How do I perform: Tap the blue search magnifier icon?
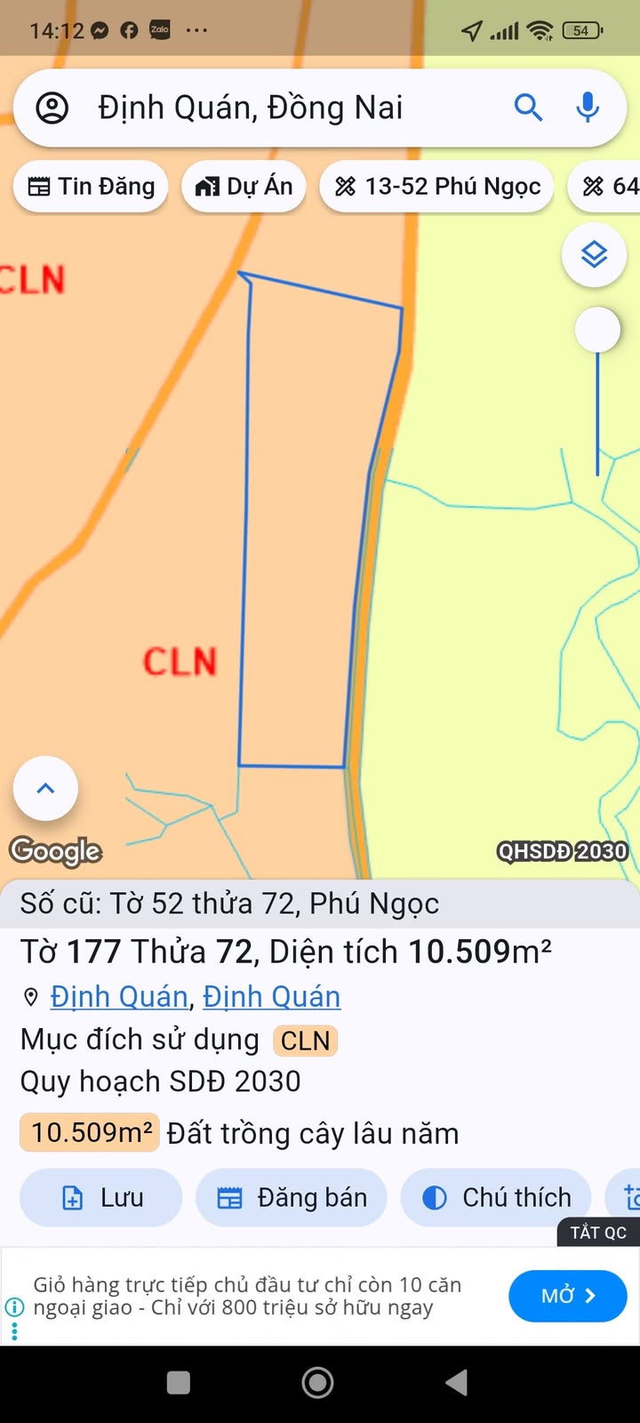528,108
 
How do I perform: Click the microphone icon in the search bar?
587,108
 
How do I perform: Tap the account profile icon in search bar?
52,108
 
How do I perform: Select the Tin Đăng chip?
91,187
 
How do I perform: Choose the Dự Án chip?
244,187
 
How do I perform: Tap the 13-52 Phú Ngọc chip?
436,187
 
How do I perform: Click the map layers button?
594,255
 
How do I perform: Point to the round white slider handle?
597,330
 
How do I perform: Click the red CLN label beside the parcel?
180,662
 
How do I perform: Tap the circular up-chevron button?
45,788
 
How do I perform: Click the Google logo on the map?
55,851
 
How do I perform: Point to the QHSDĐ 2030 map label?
562,852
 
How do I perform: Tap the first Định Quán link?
119,997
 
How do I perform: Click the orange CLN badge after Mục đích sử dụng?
305,1041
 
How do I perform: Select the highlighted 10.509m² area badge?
90,1132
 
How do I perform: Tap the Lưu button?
101,1198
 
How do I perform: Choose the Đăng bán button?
292,1198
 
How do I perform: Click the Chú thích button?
496,1198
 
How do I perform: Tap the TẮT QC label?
598,1233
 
